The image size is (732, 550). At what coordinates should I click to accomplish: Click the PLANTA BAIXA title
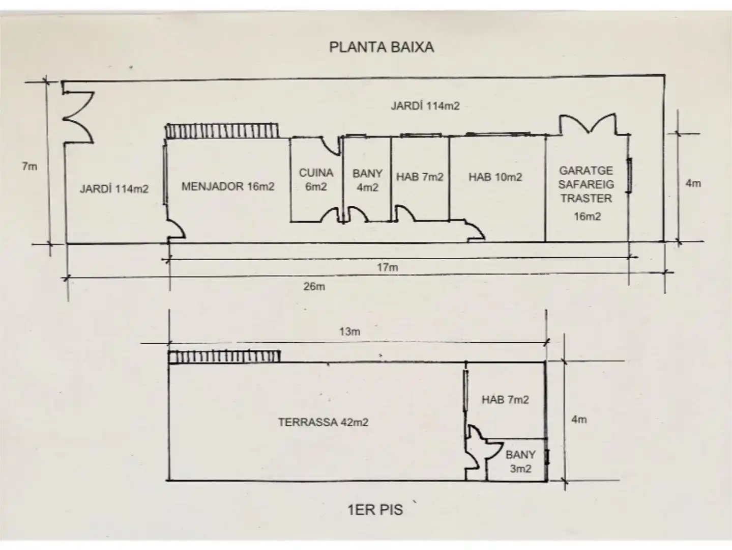point(381,47)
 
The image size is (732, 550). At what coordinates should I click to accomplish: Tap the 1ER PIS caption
point(375,510)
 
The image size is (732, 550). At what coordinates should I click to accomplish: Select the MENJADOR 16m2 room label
point(228,186)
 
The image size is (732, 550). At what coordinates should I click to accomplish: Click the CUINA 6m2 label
point(316,180)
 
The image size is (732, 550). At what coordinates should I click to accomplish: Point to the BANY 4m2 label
point(367,180)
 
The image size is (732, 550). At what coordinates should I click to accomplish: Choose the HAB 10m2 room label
point(495,177)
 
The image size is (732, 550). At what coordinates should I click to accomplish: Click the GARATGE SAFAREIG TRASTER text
point(586,184)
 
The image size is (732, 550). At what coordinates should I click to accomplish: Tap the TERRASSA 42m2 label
point(323,422)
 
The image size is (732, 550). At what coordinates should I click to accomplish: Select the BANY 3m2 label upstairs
point(520,461)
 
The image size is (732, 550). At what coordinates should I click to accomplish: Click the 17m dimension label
point(388,267)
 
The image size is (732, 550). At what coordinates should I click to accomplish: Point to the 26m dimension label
point(314,286)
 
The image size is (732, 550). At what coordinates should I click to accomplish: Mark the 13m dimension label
point(350,332)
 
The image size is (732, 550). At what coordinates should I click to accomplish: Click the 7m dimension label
point(30,166)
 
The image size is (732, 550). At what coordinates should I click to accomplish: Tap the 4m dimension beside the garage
point(693,183)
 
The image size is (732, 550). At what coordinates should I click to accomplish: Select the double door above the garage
point(588,125)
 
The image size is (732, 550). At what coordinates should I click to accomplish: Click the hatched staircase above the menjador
point(222,131)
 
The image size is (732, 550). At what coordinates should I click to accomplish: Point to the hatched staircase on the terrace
point(224,357)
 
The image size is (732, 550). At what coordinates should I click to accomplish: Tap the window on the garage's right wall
point(629,175)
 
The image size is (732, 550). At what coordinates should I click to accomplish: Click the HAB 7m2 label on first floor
point(505,400)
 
